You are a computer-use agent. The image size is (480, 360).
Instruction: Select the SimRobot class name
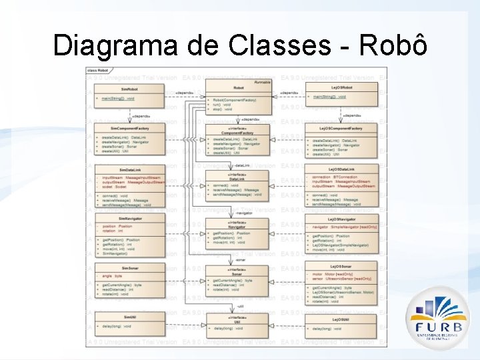[129, 88]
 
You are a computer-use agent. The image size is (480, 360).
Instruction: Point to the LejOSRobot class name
[341, 87]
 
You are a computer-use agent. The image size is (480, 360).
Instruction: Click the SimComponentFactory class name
[129, 128]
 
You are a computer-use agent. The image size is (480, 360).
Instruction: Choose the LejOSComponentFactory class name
[341, 128]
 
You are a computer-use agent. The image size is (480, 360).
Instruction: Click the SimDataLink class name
[129, 170]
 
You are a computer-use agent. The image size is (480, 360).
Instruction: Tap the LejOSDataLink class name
[341, 169]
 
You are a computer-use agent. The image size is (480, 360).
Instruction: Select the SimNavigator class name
[129, 219]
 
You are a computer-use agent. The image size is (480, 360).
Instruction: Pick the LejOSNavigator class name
[341, 219]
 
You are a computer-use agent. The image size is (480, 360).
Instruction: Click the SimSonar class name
[129, 268]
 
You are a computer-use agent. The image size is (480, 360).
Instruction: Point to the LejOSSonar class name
[341, 268]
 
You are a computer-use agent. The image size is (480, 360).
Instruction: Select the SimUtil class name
[129, 317]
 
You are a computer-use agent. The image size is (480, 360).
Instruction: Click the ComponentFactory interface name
[237, 133]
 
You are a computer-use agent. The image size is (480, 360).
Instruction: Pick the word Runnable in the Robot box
[263, 81]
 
